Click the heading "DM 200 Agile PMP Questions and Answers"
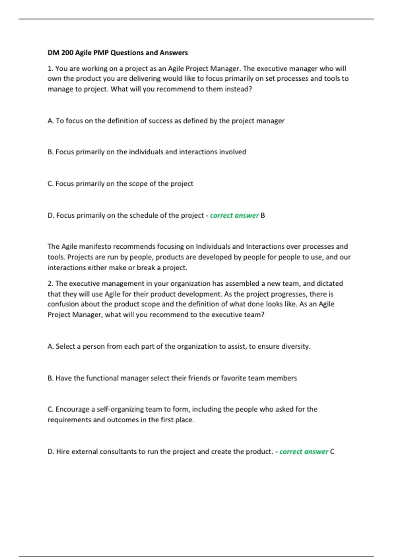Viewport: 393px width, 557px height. (118, 53)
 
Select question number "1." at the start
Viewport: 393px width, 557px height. (50, 69)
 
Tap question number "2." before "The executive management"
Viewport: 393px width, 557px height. (50, 284)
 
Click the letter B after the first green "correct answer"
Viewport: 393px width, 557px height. (263, 216)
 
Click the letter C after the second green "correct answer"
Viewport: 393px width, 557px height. (332, 452)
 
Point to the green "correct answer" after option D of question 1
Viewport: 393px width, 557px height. (234, 216)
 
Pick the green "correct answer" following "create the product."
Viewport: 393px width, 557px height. (304, 452)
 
